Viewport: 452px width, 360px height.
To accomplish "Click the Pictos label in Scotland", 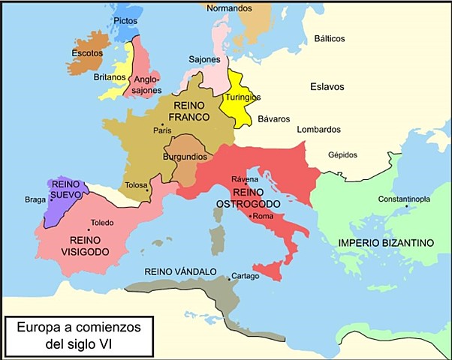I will pyautogui.click(x=125, y=20).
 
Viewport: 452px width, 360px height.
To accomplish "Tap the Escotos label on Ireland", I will pyautogui.click(x=87, y=53).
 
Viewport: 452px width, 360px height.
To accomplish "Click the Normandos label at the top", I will pyautogui.click(x=230, y=7).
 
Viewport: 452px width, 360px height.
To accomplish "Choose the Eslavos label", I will pyautogui.click(x=327, y=87).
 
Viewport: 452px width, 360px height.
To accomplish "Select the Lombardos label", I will pyautogui.click(x=318, y=129).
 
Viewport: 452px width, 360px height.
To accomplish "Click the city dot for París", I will pyautogui.click(x=162, y=124).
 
